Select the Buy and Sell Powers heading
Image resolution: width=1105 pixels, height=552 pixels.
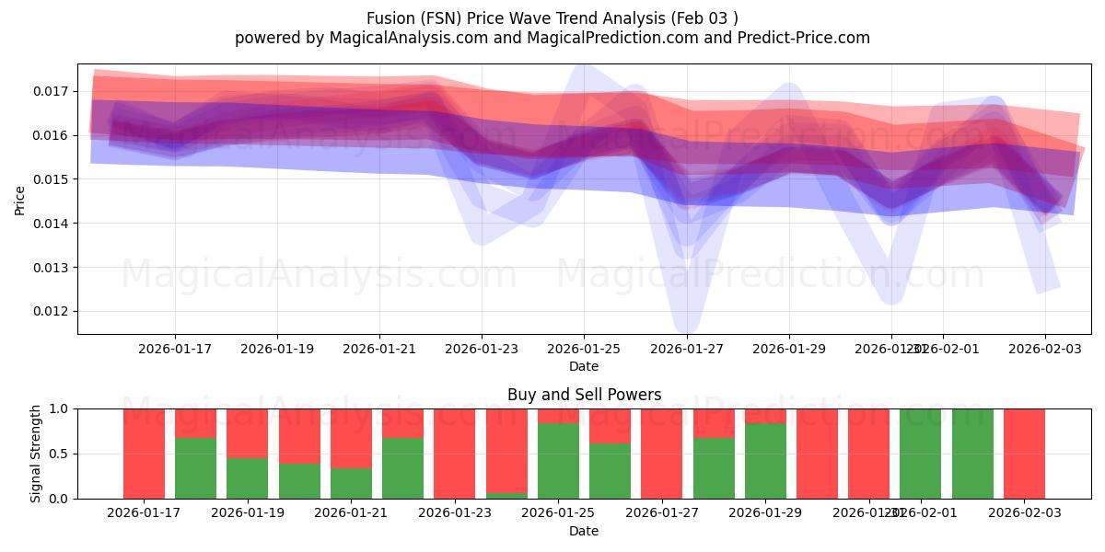tap(584, 395)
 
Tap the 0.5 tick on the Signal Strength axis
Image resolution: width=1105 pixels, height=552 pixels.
tap(58, 454)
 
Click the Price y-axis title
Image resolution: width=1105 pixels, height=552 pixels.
tap(20, 200)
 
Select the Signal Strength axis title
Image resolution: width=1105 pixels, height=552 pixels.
tap(36, 454)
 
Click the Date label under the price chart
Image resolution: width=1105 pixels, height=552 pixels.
tap(584, 366)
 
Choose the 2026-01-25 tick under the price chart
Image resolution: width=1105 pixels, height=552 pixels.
tap(584, 349)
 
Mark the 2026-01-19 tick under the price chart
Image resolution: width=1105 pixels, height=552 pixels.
tap(277, 349)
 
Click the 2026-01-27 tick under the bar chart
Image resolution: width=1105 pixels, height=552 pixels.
tap(662, 513)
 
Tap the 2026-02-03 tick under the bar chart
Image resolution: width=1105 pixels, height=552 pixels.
tap(1024, 513)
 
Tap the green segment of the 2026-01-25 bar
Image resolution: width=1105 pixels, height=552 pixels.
tap(558, 461)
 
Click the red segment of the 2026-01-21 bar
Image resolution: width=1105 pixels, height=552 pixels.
tap(351, 438)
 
